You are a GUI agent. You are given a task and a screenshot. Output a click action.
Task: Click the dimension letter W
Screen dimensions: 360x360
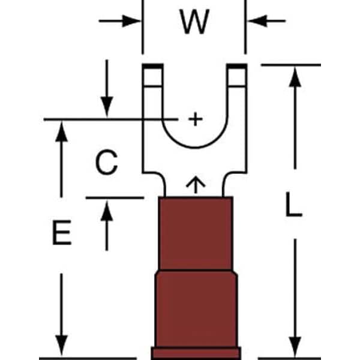tap(194, 23)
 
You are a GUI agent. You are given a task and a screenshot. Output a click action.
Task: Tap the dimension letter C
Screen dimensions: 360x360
tap(106, 163)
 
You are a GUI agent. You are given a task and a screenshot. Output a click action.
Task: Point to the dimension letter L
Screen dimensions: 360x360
tap(292, 207)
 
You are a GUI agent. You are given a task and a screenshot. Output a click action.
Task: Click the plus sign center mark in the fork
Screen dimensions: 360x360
tap(194, 119)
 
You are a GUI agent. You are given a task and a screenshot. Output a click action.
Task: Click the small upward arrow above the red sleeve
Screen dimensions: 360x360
tap(194, 184)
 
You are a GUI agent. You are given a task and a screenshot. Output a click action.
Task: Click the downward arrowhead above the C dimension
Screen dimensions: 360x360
tap(106, 108)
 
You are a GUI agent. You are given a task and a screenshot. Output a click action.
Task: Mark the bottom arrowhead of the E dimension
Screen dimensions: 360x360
tap(61, 348)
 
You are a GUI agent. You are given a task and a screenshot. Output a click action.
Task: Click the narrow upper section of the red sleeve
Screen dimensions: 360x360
tap(195, 234)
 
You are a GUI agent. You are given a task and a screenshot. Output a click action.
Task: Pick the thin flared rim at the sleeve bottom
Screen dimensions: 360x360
tap(195, 352)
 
